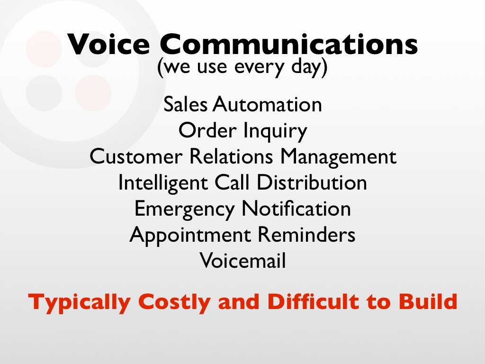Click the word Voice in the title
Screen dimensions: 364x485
click(108, 45)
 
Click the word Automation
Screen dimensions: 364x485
click(267, 105)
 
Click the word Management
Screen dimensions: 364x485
click(337, 157)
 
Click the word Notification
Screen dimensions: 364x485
click(296, 209)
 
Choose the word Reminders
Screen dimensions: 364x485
click(306, 235)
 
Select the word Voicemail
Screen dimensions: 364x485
click(242, 261)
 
